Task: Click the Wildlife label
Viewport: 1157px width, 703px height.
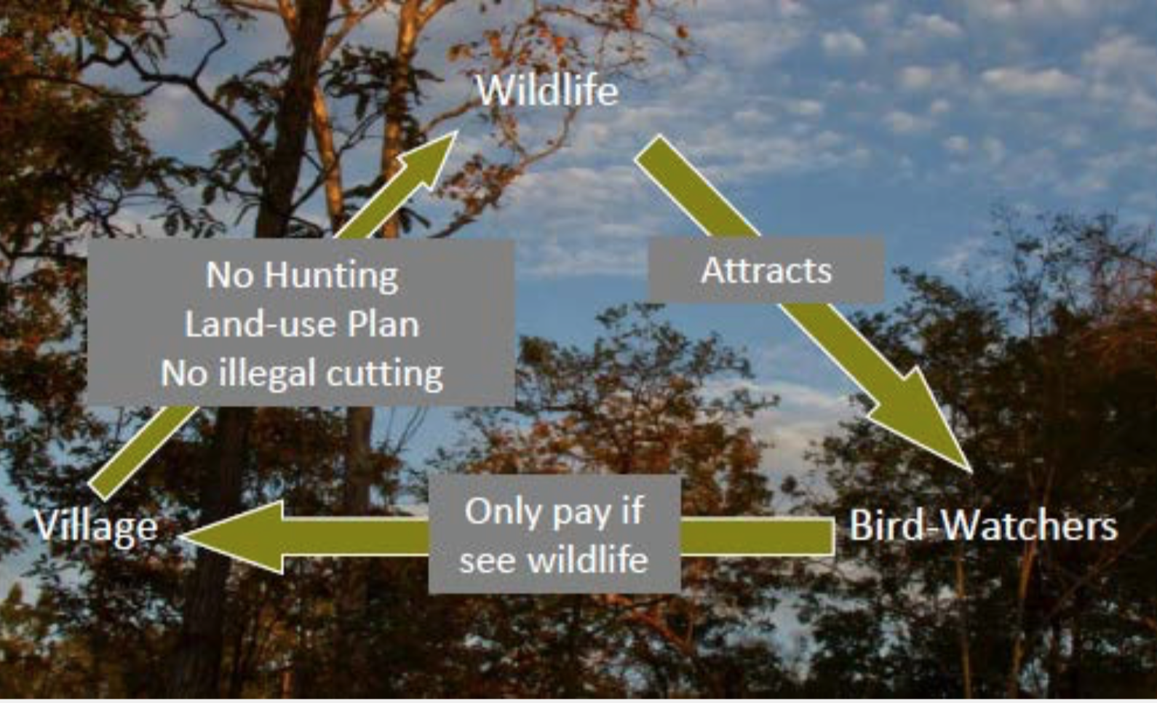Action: pyautogui.click(x=547, y=91)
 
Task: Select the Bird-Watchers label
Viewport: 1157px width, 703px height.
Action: pyautogui.click(x=983, y=525)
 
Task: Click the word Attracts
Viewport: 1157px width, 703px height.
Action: pyautogui.click(x=766, y=270)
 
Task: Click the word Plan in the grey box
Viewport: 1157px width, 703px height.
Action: pyautogui.click(x=383, y=325)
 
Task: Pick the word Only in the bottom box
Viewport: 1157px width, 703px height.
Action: pyautogui.click(x=497, y=512)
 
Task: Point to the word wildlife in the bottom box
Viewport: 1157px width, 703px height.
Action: pyautogui.click(x=587, y=559)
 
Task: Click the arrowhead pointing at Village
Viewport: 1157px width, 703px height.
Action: pyautogui.click(x=232, y=537)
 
